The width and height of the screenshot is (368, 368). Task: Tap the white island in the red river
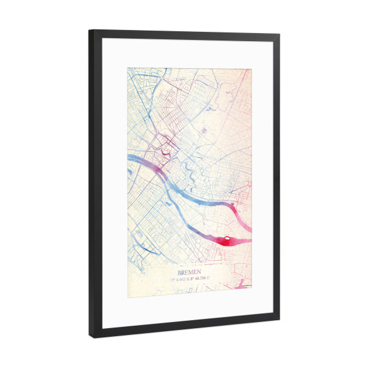(x=228, y=240)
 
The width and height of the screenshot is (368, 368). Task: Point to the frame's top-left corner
(x=90, y=31)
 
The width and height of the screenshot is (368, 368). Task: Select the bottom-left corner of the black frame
(x=91, y=337)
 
